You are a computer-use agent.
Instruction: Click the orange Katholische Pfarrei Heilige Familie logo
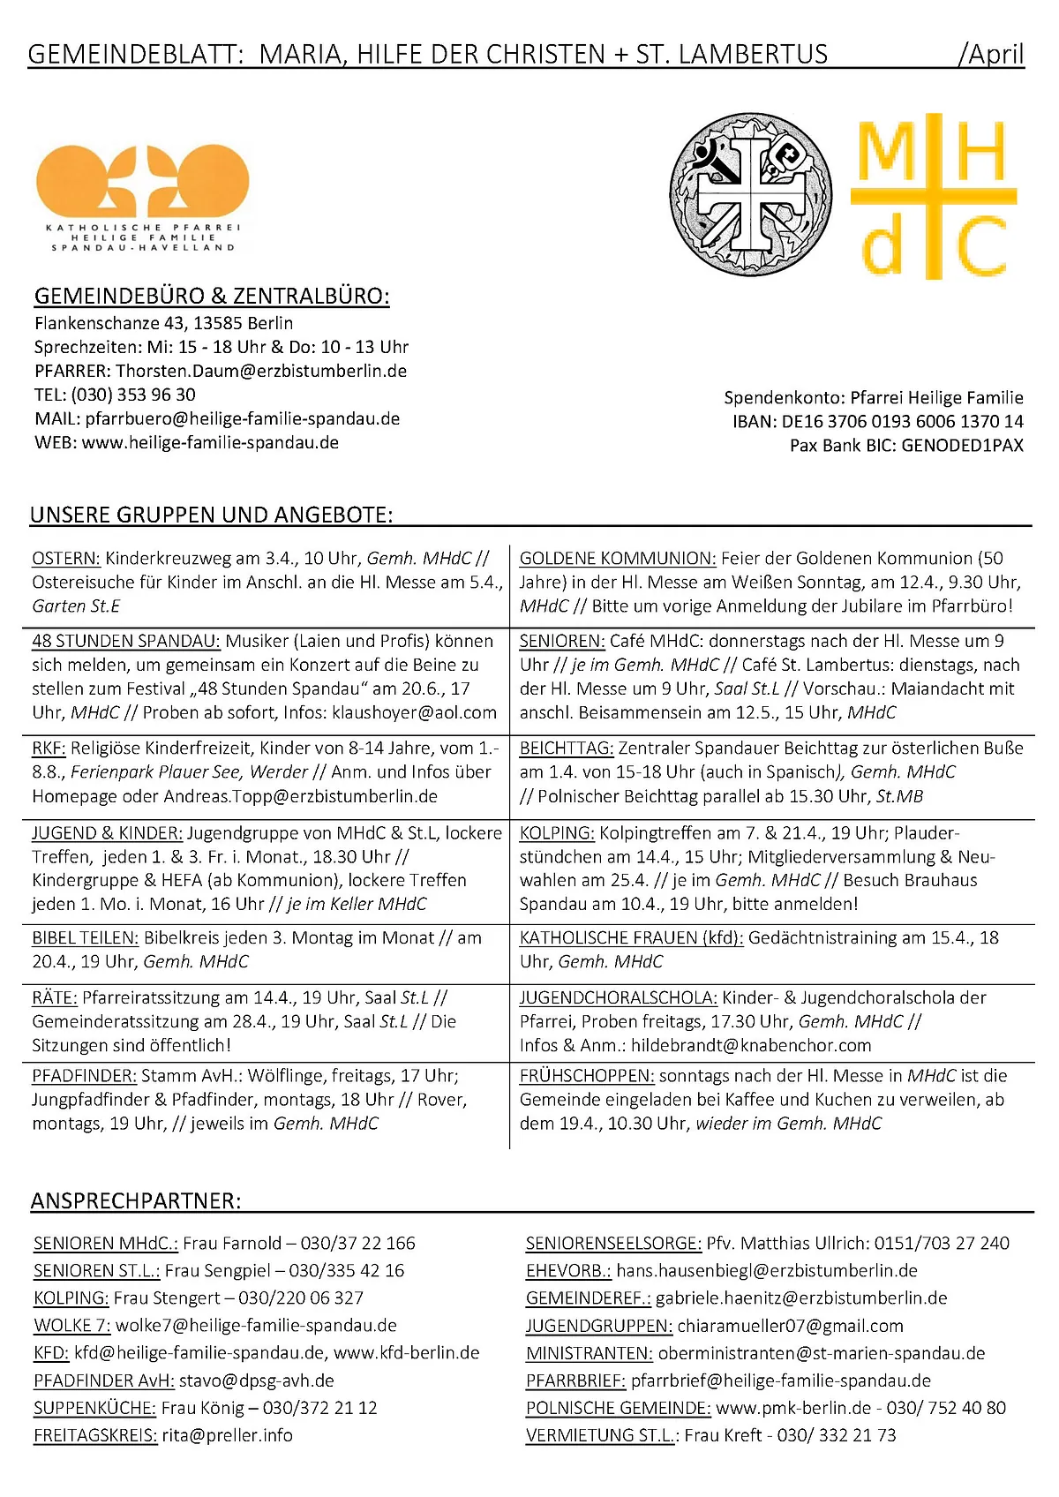pos(142,198)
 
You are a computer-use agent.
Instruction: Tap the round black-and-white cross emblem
pos(750,193)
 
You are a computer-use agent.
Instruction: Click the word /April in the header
pos(991,55)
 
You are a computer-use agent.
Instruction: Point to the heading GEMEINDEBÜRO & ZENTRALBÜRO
pos(212,297)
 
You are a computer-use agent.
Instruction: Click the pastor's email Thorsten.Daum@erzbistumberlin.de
pos(261,371)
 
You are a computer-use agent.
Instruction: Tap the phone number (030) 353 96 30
pos(133,395)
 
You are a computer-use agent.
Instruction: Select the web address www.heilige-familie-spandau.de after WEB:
pos(210,442)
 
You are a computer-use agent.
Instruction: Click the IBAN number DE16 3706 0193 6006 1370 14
pos(902,422)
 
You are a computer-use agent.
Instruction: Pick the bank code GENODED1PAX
pos(962,446)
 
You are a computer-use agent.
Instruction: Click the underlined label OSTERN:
pos(66,559)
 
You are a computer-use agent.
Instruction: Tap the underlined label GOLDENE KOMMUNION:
pos(618,559)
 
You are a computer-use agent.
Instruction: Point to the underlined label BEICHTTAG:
pos(567,748)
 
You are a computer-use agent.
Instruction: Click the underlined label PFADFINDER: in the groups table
pos(85,1076)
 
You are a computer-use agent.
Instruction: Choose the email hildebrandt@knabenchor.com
pos(751,1046)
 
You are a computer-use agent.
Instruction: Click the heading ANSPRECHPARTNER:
pos(135,1201)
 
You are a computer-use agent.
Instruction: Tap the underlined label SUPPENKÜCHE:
pos(94,1409)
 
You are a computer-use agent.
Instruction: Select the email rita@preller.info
pos(227,1436)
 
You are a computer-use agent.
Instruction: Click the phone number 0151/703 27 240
pos(942,1244)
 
